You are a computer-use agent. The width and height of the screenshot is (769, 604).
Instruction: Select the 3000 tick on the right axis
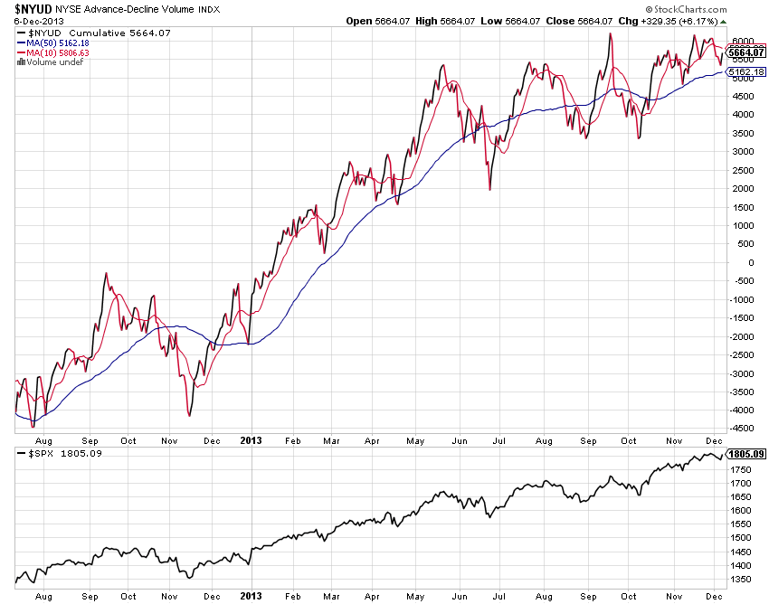click(x=744, y=152)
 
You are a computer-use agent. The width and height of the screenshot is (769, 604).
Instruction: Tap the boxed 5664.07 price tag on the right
click(x=747, y=52)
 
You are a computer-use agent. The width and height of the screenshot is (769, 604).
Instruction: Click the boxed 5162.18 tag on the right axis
click(x=747, y=71)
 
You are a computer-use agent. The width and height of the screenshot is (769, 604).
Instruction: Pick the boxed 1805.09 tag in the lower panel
click(x=747, y=454)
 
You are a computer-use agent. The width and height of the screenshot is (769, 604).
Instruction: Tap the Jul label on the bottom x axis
click(x=499, y=597)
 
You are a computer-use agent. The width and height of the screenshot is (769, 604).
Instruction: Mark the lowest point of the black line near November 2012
click(x=189, y=415)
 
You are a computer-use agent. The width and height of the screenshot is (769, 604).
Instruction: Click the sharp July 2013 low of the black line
click(x=489, y=189)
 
